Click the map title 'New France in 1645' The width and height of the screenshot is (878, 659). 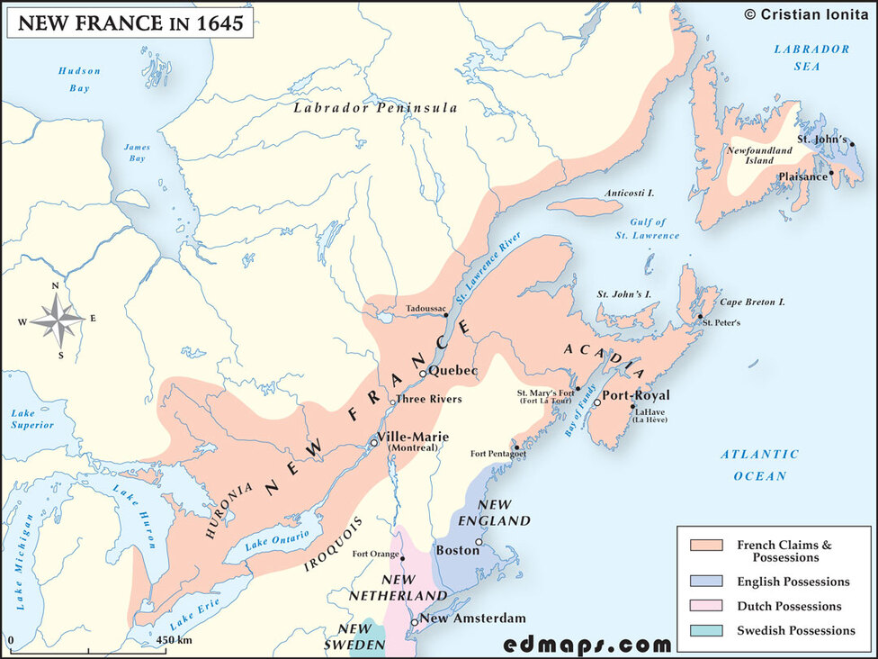[x=130, y=23]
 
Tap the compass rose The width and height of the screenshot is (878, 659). [x=57, y=319]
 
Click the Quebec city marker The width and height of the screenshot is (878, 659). [x=423, y=373]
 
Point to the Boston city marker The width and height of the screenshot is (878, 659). [x=479, y=542]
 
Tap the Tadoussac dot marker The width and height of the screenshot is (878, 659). [x=446, y=316]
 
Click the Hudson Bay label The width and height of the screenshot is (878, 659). [x=80, y=79]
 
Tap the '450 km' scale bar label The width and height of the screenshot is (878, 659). [x=173, y=640]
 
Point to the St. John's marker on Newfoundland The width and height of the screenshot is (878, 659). [x=851, y=144]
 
